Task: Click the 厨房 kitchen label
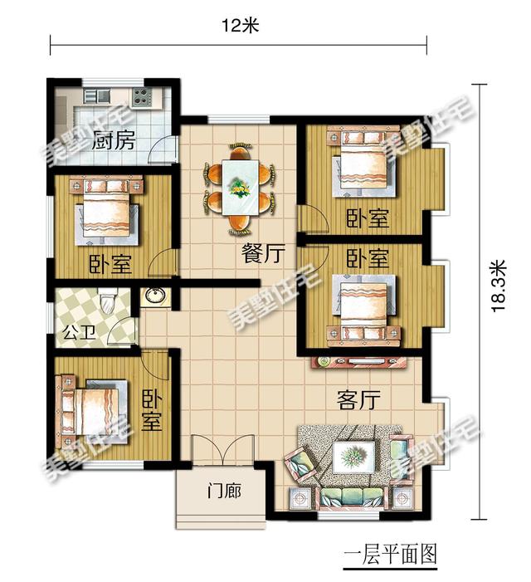114,140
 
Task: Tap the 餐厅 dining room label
259,255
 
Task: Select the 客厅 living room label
358,400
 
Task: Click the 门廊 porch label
223,492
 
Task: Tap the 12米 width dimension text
241,25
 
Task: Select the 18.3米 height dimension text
498,286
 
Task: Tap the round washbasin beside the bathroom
154,296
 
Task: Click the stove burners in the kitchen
140,95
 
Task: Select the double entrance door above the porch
223,455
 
